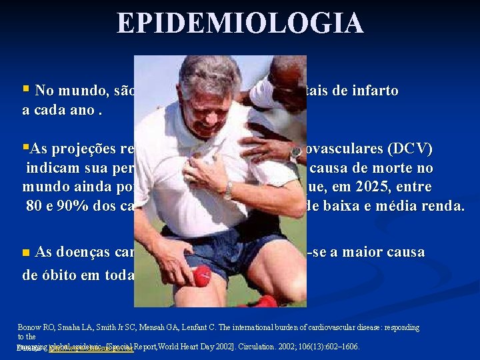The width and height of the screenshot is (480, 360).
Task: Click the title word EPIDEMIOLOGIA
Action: [240, 23]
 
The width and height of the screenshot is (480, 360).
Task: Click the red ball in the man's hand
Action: [201, 275]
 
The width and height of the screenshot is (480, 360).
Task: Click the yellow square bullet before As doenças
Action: [26, 253]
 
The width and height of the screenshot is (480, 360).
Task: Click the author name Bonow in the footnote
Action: [29, 328]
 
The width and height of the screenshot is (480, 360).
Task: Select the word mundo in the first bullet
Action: [79, 91]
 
